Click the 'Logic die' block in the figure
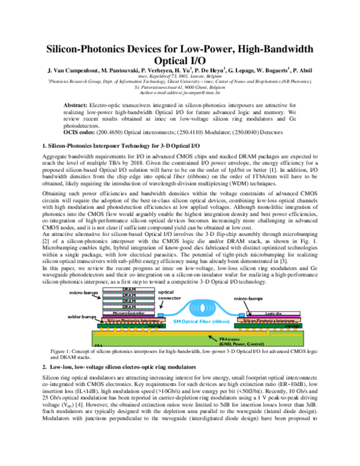[x=273, y=313]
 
